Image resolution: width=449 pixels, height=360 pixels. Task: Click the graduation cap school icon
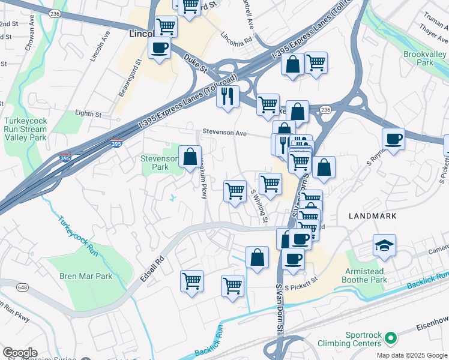click(x=384, y=245)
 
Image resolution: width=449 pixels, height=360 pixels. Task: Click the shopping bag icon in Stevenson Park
click(x=190, y=157)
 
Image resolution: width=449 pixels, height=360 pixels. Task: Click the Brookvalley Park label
click(x=426, y=58)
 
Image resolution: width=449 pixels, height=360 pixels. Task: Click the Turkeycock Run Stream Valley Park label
click(x=25, y=128)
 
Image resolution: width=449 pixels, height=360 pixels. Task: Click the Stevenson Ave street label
click(x=224, y=133)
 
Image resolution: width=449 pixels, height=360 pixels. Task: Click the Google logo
click(x=20, y=352)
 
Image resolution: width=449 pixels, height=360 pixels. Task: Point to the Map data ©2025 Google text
click(x=411, y=355)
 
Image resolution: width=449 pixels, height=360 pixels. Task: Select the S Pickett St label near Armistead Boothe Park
click(x=300, y=287)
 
